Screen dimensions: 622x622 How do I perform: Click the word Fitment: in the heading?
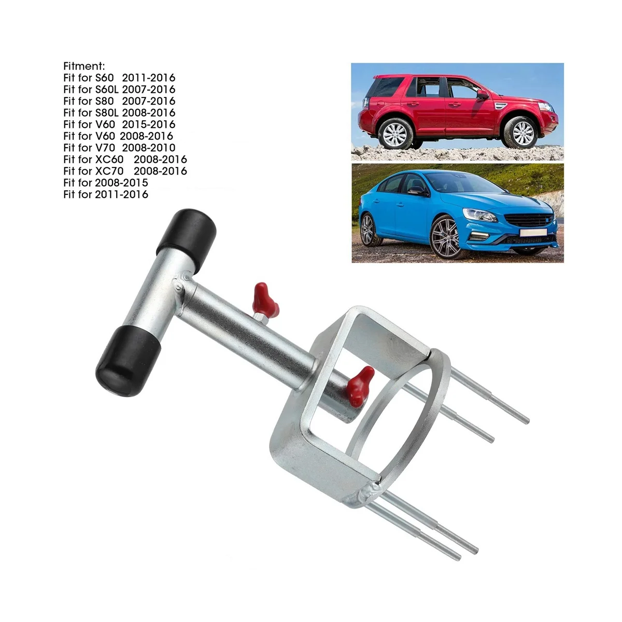pos(84,66)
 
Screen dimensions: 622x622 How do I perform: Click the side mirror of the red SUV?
pos(482,94)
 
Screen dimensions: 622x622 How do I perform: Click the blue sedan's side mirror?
pos(418,191)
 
